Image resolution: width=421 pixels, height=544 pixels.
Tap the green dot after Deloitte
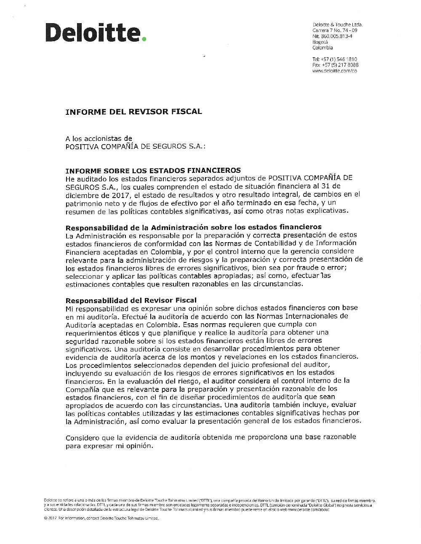[144, 39]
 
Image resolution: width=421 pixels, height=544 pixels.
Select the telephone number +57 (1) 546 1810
[335, 59]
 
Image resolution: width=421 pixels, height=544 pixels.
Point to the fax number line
[335, 65]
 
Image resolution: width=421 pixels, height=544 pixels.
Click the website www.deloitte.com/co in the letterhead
[335, 71]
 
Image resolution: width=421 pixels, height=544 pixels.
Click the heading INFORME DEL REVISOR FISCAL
[134, 112]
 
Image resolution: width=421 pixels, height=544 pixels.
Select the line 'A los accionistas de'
[99, 138]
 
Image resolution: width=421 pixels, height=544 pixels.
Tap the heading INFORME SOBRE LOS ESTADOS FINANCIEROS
[153, 170]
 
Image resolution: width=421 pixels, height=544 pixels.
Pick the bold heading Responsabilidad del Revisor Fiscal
[131, 300]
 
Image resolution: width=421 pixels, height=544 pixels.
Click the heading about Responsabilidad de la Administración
[194, 227]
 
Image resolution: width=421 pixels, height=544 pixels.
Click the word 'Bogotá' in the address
[320, 42]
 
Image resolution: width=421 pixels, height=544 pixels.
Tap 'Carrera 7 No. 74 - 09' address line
[335, 31]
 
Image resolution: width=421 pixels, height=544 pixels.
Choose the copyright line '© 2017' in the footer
[51, 518]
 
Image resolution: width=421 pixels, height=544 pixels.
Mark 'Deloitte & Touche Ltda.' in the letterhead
[337, 25]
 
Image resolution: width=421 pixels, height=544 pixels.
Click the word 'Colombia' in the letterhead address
[322, 48]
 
